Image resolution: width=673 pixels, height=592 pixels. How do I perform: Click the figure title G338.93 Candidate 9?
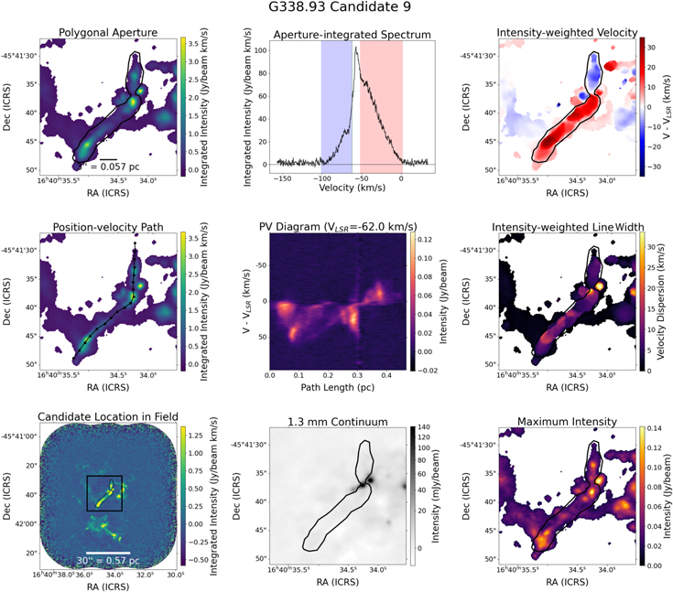point(335,8)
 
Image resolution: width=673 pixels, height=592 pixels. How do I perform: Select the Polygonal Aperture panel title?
point(109,32)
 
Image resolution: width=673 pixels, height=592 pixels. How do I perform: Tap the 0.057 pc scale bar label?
point(111,167)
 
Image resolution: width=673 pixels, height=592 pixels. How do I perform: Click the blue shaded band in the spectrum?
point(336,105)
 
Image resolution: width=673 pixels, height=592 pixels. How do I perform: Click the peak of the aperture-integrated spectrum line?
point(355,48)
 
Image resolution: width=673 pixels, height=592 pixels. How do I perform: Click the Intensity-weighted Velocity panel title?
point(567,32)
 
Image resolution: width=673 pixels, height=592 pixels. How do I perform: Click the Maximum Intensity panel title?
point(567,422)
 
